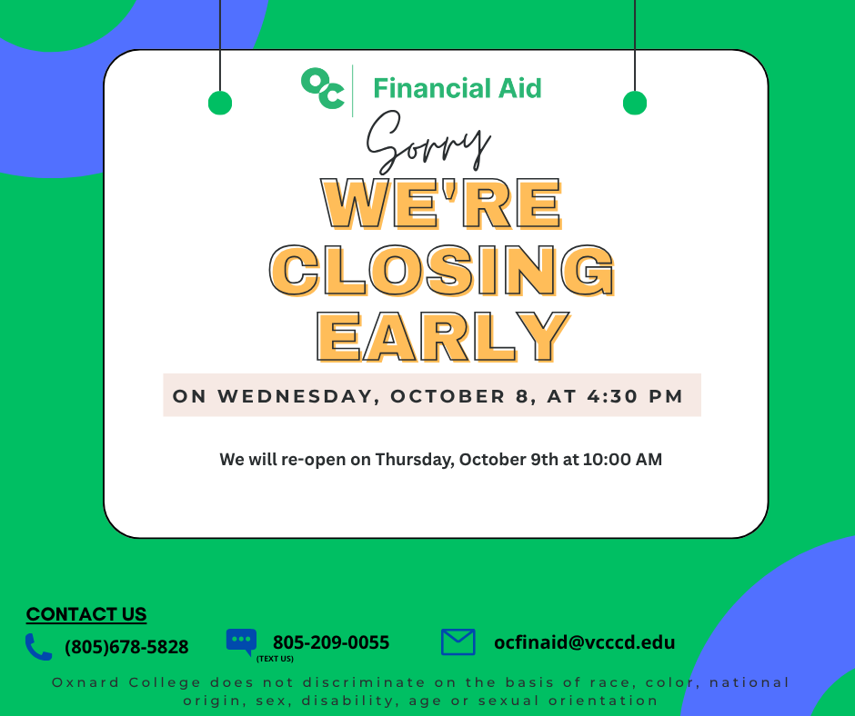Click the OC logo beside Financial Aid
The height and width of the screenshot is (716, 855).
[323, 88]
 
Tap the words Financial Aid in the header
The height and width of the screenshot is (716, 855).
[458, 88]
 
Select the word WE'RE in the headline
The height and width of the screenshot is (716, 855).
[442, 204]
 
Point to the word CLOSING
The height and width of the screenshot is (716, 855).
[442, 270]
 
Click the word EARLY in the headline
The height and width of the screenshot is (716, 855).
[443, 337]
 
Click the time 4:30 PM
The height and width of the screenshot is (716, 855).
[635, 396]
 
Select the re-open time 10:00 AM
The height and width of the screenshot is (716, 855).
[622, 460]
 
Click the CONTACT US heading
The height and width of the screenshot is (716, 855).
[86, 614]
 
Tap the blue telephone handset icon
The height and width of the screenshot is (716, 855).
[39, 647]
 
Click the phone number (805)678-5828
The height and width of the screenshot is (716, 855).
[126, 647]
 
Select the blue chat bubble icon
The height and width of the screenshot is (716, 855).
[242, 641]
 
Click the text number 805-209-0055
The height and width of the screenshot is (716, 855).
[331, 642]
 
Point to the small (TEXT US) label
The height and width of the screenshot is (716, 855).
[275, 659]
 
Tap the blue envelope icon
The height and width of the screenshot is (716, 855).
[458, 641]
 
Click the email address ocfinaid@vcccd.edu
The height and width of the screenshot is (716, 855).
[585, 642]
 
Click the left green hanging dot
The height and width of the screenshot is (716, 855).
[220, 103]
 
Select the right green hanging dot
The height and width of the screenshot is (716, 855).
[635, 103]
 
